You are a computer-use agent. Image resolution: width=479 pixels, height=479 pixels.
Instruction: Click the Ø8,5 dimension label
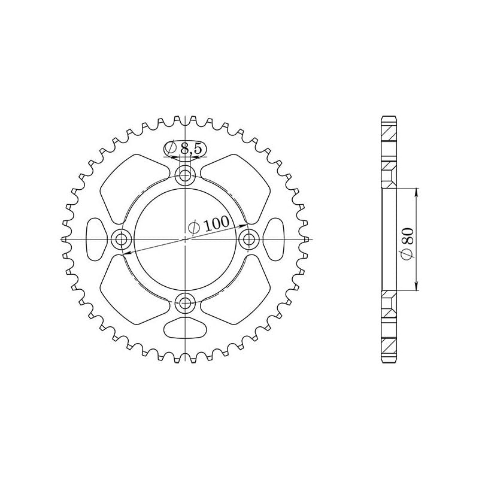186,148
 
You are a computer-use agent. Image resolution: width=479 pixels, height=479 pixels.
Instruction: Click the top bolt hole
186,175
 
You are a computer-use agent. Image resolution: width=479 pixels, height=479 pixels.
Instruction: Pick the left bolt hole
122,239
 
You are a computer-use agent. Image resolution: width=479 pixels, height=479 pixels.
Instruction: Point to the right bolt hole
249,239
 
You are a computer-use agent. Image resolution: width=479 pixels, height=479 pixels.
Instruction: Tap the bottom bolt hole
186,303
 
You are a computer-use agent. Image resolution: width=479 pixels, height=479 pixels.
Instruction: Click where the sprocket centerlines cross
186,239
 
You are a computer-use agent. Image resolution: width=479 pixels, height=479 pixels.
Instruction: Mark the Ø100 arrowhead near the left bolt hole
126,254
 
